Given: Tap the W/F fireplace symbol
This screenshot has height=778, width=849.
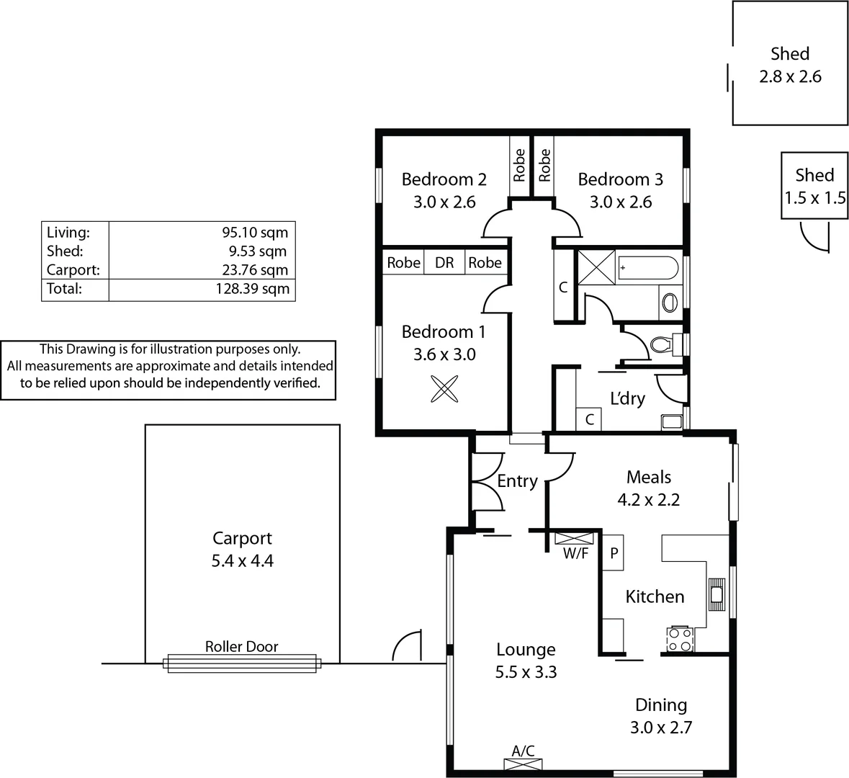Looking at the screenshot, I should tap(574, 538).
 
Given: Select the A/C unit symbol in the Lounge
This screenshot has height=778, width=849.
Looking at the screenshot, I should tap(524, 764).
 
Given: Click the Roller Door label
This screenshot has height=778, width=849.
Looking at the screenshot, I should tap(241, 646).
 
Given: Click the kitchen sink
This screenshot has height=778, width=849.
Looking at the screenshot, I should tap(717, 594).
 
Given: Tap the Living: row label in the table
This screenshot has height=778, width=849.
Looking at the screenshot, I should tap(68, 232).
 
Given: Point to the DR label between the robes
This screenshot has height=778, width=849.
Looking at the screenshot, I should tap(444, 263).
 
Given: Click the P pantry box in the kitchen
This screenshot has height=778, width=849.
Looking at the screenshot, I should tap(614, 553).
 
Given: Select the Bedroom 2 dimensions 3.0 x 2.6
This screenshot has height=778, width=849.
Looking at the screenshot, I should tap(444, 202).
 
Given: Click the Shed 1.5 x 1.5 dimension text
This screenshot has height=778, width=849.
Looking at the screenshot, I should tap(815, 197).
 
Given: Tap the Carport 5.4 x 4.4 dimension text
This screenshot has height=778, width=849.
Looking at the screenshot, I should tap(242, 560).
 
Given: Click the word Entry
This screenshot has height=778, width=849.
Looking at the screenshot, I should tap(517, 480).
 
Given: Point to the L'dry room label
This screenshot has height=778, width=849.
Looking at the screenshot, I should tap(627, 398).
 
